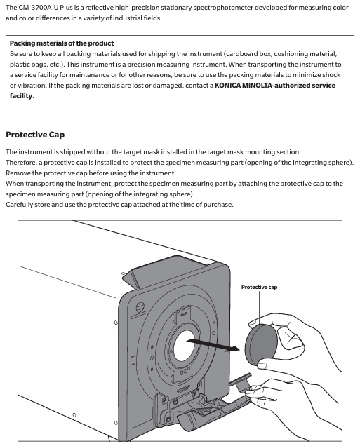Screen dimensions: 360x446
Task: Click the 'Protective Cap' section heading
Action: pyautogui.click(x=35, y=135)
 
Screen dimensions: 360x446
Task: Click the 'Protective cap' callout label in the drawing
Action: pyautogui.click(x=259, y=287)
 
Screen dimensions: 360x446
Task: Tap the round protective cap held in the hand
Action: pyautogui.click(x=260, y=345)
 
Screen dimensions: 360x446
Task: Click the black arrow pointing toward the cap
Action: pyautogui.click(x=213, y=344)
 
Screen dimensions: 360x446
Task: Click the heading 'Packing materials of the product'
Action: pyautogui.click(x=62, y=43)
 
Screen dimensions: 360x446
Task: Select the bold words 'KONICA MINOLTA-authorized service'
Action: pyautogui.click(x=275, y=86)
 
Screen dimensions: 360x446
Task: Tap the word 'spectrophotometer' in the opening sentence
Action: pyautogui.click(x=222, y=8)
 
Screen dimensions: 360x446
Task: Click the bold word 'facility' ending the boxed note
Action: pyautogui.click(x=21, y=96)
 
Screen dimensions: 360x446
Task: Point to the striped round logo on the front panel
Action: pyautogui.click(x=140, y=307)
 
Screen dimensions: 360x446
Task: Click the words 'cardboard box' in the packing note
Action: pyautogui.click(x=247, y=54)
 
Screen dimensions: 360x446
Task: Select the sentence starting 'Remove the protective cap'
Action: pyautogui.click(x=91, y=173)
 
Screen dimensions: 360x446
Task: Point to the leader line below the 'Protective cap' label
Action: pyautogui.click(x=259, y=307)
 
